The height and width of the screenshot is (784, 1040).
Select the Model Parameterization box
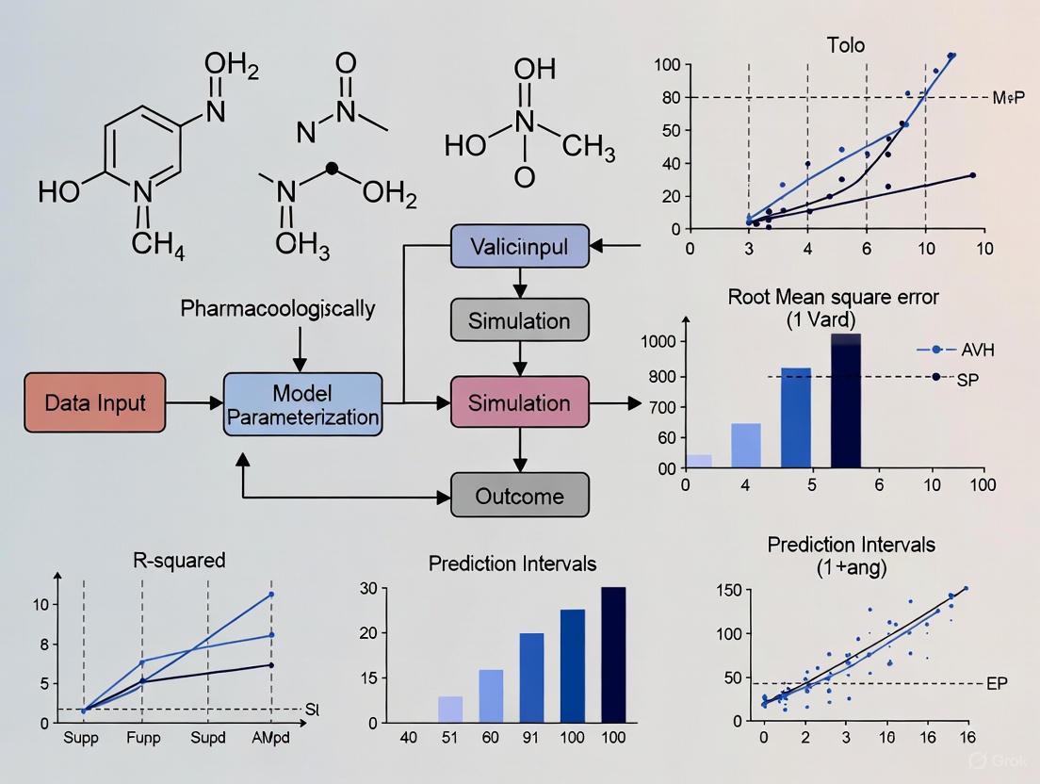(x=302, y=403)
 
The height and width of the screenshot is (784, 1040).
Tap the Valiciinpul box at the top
(x=520, y=248)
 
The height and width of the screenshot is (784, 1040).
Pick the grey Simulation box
(x=520, y=320)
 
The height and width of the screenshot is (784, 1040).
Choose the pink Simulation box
(x=520, y=403)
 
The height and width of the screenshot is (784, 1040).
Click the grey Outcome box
(x=520, y=496)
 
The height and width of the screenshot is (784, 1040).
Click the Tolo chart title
(x=847, y=43)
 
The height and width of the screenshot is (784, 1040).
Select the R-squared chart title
(x=177, y=561)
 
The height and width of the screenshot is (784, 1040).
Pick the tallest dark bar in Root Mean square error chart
(x=845, y=400)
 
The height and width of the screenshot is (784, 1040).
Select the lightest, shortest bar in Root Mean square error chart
(x=698, y=461)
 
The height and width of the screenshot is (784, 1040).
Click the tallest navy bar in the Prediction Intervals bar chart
(x=612, y=654)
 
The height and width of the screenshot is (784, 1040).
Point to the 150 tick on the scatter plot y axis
(x=729, y=591)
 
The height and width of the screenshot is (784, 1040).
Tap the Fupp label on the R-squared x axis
(x=144, y=739)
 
